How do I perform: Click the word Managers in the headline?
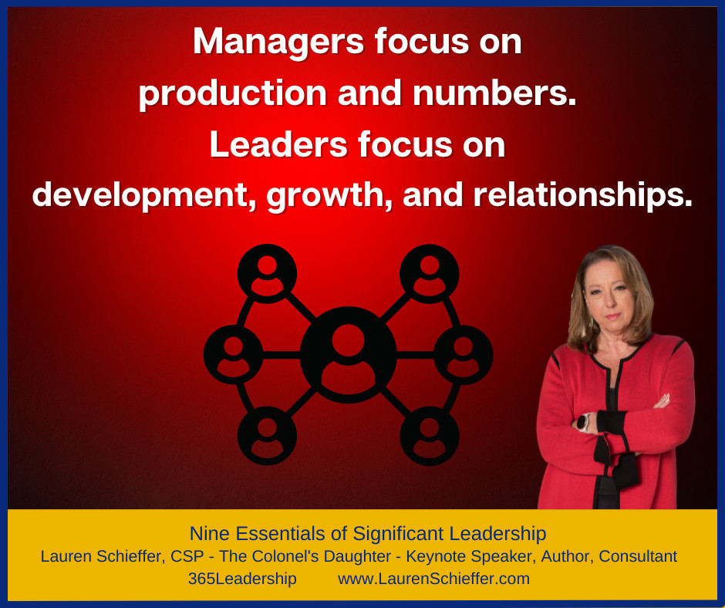pyautogui.click(x=278, y=42)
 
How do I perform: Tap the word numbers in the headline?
pyautogui.click(x=494, y=93)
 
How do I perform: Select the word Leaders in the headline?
pyautogui.click(x=278, y=144)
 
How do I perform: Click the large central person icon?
pyautogui.click(x=348, y=354)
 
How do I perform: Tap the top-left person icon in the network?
pyautogui.click(x=268, y=273)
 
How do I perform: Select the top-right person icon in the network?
pyautogui.click(x=429, y=273)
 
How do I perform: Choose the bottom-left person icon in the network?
pyautogui.click(x=268, y=435)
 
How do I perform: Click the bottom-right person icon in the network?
pyautogui.click(x=430, y=435)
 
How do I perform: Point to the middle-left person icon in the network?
pyautogui.click(x=234, y=354)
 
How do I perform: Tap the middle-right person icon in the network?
pyautogui.click(x=464, y=354)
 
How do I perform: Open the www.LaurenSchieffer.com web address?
pyautogui.click(x=433, y=579)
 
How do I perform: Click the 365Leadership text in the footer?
pyautogui.click(x=242, y=579)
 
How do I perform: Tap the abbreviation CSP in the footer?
pyautogui.click(x=187, y=556)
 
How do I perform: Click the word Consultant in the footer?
pyautogui.click(x=638, y=556)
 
